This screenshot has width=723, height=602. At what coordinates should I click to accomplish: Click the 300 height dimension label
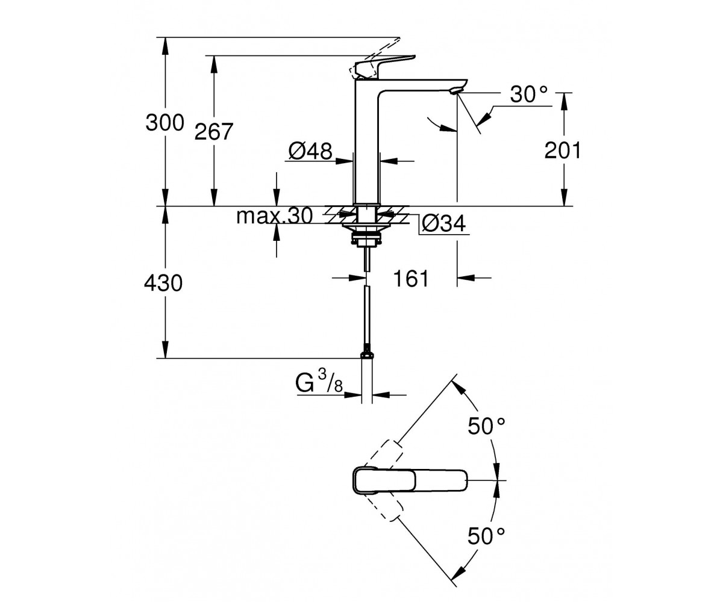pyautogui.click(x=164, y=123)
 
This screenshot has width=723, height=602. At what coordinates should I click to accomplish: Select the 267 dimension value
pyautogui.click(x=214, y=132)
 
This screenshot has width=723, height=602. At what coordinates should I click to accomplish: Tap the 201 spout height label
pyautogui.click(x=562, y=151)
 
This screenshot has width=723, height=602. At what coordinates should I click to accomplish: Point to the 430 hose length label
pyautogui.click(x=163, y=283)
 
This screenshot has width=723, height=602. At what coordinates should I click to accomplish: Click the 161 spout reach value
pyautogui.click(x=411, y=279)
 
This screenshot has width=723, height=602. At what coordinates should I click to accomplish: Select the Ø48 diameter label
pyautogui.click(x=310, y=151)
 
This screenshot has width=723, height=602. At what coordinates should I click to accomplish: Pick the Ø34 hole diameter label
pyautogui.click(x=444, y=223)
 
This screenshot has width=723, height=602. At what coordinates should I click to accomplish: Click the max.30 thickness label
pyautogui.click(x=275, y=216)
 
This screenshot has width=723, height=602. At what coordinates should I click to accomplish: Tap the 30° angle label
pyautogui.click(x=529, y=94)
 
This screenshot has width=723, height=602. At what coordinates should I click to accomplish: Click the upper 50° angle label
pyautogui.click(x=486, y=426)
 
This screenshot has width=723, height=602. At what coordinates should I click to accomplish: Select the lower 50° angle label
pyautogui.click(x=486, y=536)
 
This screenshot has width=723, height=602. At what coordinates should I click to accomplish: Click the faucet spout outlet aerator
pyautogui.click(x=455, y=92)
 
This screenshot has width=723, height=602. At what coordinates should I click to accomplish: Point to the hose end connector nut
pyautogui.click(x=367, y=355)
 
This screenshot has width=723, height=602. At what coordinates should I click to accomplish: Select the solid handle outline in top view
pyautogui.click(x=410, y=480)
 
